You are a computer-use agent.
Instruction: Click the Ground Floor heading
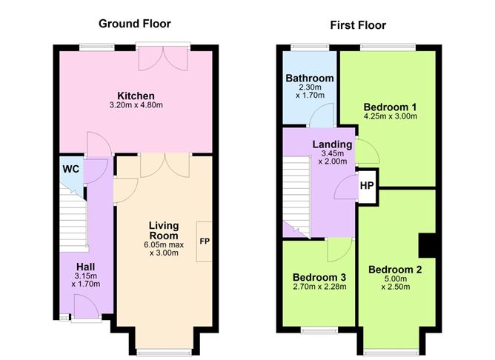tap(134, 24)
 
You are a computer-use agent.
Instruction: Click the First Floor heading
tap(358, 25)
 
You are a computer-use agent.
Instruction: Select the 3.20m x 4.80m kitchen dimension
tap(136, 105)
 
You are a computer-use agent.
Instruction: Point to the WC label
tap(71, 169)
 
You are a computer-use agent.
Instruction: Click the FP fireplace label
tap(205, 241)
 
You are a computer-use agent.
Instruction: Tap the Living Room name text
tap(164, 230)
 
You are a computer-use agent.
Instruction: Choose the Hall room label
tap(85, 267)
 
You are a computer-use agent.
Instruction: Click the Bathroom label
tap(310, 79)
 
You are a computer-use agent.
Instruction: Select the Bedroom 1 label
tap(391, 107)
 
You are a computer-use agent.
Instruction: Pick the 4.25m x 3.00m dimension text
tap(391, 116)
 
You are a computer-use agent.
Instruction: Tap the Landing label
tap(333, 144)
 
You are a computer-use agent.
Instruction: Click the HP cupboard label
tap(367, 186)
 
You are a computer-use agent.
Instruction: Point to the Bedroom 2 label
tap(395, 270)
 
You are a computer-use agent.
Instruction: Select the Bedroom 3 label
tap(319, 277)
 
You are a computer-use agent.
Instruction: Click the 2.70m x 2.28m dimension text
tap(319, 287)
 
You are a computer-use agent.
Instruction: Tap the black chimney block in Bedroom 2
tap(427, 245)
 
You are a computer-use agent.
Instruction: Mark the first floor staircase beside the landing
tap(296, 196)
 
